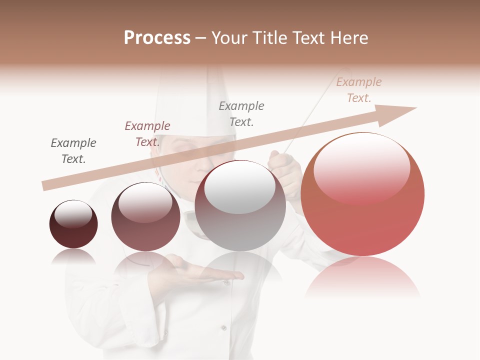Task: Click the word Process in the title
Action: point(157,38)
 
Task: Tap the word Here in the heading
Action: point(348,38)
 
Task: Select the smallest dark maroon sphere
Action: point(73,224)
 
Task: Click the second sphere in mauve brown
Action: point(145,217)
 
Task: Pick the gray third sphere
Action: point(240,206)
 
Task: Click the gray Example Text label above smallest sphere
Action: point(73,151)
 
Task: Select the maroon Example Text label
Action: point(147,134)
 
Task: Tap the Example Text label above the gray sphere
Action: point(241,114)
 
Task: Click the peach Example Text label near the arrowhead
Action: point(359,90)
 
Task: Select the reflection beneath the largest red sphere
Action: point(362,277)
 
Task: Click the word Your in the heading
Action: point(228,38)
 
